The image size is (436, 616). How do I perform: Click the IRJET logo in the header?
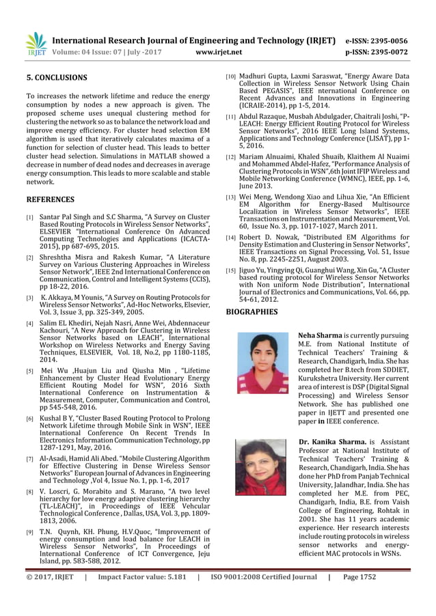36,44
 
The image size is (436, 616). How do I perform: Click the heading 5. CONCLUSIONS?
57,78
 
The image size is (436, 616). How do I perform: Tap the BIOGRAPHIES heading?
251,312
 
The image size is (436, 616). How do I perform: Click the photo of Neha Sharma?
262,363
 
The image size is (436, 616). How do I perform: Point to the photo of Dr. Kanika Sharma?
260,467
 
